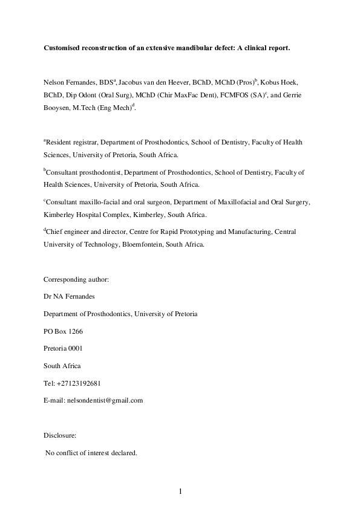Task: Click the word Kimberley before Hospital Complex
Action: pyautogui.click(x=64, y=215)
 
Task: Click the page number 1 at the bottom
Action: pyautogui.click(x=180, y=491)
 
